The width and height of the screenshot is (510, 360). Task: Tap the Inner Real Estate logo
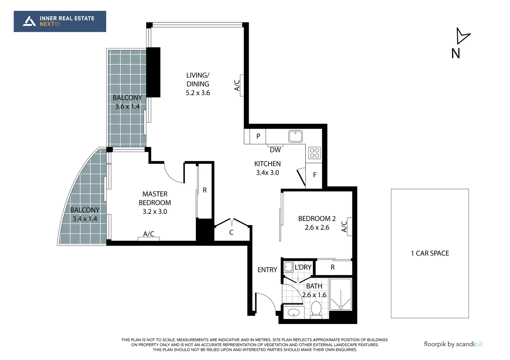(60, 21)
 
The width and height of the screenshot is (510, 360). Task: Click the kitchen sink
(295, 137)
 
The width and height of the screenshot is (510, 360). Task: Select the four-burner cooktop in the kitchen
(315, 153)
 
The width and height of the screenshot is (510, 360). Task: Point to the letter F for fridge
(315, 175)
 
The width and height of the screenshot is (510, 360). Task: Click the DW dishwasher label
(275, 150)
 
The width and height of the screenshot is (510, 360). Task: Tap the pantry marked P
(258, 136)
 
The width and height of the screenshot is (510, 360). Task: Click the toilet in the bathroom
(316, 309)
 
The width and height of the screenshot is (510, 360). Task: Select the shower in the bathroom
(341, 295)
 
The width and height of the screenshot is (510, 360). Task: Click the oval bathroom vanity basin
(294, 313)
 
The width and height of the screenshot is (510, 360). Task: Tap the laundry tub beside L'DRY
(288, 267)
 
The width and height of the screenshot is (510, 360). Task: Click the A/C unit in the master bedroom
(149, 238)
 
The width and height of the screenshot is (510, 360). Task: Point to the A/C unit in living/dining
(242, 85)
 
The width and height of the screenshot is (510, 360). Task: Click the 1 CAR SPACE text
(430, 253)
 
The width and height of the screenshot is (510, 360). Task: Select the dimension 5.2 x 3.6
(198, 93)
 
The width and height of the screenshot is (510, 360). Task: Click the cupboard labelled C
(231, 232)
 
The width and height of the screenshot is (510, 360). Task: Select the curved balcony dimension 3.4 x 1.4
(85, 219)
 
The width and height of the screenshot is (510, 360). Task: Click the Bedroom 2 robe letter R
(333, 267)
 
